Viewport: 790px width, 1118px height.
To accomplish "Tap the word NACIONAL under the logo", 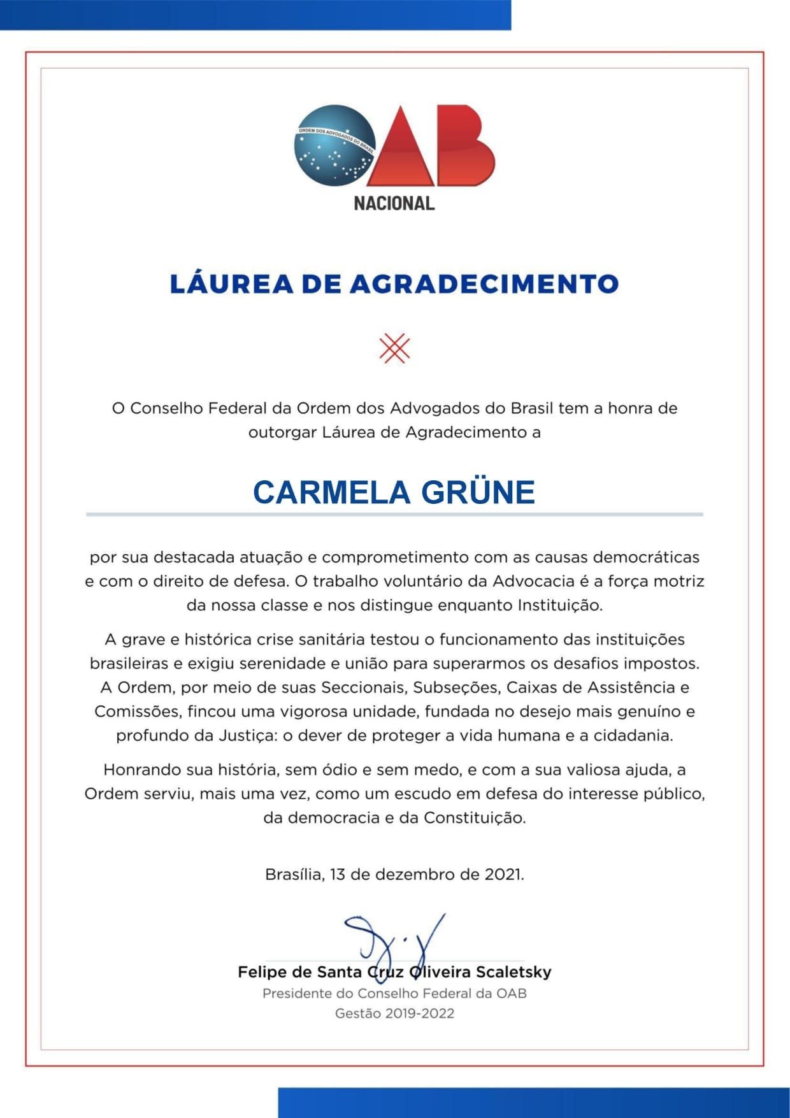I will [x=394, y=203].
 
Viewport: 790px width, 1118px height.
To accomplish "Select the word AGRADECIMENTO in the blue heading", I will [x=484, y=284].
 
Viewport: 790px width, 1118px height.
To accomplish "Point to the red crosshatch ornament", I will [x=394, y=348].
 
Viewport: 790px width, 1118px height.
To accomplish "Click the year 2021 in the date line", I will [x=504, y=874].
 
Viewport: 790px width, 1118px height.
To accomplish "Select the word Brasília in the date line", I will [x=294, y=874].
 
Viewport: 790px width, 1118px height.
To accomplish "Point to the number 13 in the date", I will [x=338, y=874].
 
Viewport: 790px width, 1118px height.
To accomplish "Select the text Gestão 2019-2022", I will [x=394, y=1014].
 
